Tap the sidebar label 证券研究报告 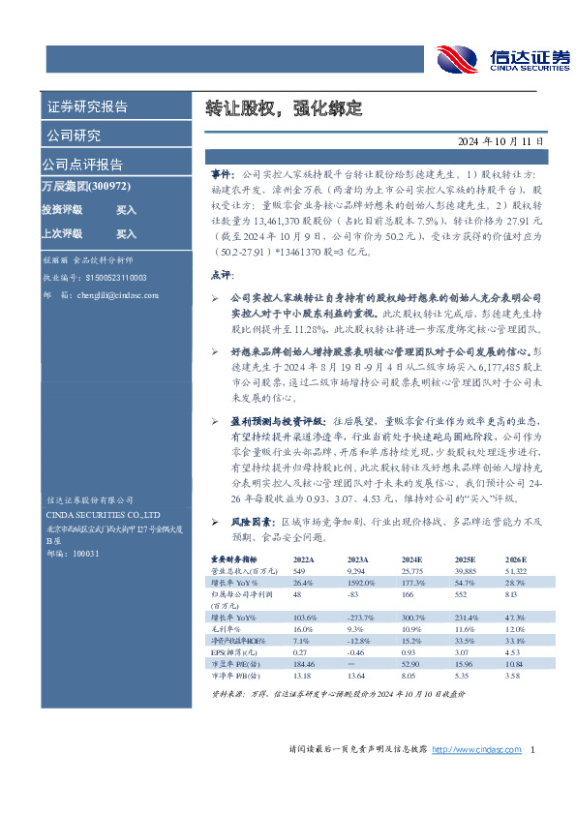coord(87,106)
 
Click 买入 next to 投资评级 coord(126,209)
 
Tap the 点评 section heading coord(222,276)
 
